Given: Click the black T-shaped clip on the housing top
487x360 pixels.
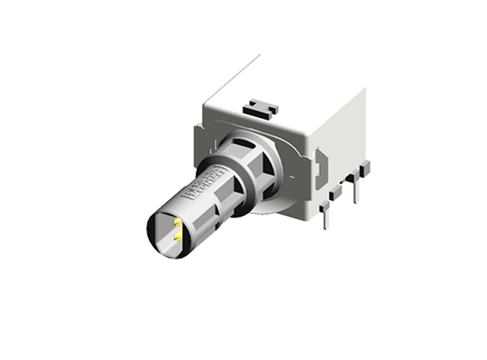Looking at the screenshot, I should [x=260, y=108].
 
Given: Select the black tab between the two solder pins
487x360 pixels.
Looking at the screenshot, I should [x=337, y=191].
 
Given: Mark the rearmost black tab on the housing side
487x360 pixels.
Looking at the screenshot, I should [x=365, y=168].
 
